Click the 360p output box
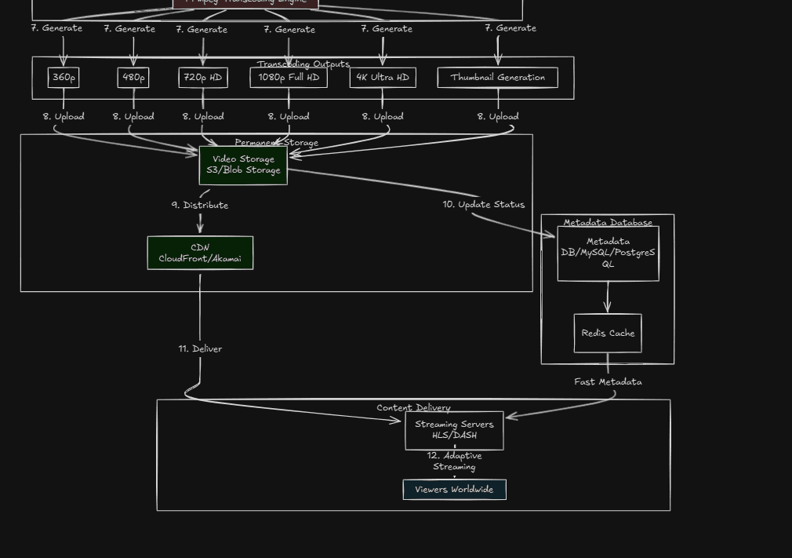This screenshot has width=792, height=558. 64,78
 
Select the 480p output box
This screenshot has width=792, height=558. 133,78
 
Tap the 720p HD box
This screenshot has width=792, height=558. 203,78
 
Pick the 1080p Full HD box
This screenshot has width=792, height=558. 289,78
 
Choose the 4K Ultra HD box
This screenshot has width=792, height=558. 383,78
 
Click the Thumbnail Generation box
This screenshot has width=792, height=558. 498,78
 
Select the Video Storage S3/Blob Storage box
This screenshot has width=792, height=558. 243,165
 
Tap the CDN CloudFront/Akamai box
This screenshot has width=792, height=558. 200,253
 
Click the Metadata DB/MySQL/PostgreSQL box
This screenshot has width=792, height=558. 608,253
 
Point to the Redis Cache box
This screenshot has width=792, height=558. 608,334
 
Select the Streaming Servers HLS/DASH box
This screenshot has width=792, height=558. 454,430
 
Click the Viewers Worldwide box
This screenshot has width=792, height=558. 454,490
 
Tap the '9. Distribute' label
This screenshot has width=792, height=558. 200,206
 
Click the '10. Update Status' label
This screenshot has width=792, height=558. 483,205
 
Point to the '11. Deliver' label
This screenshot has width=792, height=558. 200,349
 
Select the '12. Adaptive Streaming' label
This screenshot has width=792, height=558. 454,461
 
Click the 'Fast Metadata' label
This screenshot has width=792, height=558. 608,382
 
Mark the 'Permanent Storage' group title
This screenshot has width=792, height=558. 276,143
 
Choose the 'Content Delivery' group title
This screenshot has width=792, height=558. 413,408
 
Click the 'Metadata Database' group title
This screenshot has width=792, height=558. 608,223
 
